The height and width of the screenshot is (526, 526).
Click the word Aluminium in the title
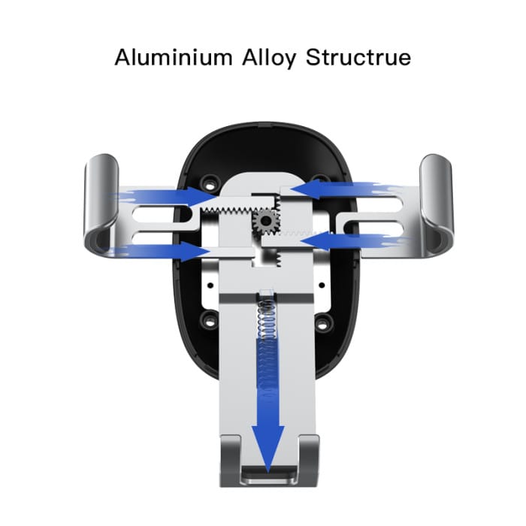pos(174,58)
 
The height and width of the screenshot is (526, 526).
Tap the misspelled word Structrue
pos(358,58)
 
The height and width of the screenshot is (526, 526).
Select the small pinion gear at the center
pos(266,220)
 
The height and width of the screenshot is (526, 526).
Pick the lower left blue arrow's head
pos(196,251)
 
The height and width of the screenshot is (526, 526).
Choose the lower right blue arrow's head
pos(315,240)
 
